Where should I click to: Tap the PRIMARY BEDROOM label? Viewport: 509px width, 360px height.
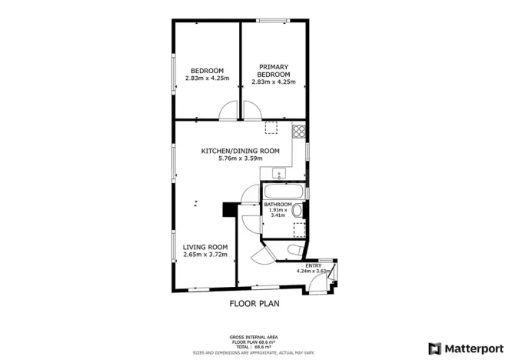click(273, 71)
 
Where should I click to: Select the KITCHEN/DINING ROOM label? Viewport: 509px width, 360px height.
click(240, 151)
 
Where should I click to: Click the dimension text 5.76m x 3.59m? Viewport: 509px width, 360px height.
click(240, 158)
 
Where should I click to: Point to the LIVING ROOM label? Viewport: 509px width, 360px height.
click(204, 247)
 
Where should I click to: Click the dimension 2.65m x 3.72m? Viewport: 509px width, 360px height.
click(204, 255)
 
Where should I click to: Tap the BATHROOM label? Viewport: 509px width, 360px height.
click(278, 205)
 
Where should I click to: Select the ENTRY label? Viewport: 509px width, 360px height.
click(313, 265)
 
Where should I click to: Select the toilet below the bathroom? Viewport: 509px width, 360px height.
click(293, 251)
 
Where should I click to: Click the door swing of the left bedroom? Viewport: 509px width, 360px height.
click(228, 112)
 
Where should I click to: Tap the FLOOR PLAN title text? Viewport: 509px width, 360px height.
click(254, 303)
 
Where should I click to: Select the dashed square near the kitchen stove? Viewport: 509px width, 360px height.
click(271, 128)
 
